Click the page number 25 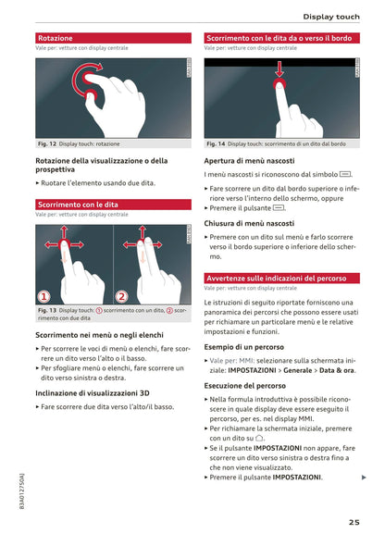pyautogui.click(x=354, y=522)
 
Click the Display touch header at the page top pyautogui.click(x=331, y=17)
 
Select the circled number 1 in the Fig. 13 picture pyautogui.click(x=43, y=297)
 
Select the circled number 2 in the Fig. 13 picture pyautogui.click(x=121, y=297)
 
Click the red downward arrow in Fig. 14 pyautogui.click(x=279, y=69)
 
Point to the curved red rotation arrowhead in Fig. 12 pyautogui.click(x=99, y=66)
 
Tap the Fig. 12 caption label pyautogui.click(x=47, y=143)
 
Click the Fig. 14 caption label pyautogui.click(x=216, y=143)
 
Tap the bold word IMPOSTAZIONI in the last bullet pyautogui.click(x=296, y=477)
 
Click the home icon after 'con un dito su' pyautogui.click(x=259, y=438)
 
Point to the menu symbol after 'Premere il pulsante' pyautogui.click(x=279, y=208)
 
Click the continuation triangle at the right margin pyautogui.click(x=364, y=477)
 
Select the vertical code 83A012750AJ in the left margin pyautogui.click(x=22, y=491)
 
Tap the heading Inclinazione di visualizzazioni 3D pyautogui.click(x=93, y=393)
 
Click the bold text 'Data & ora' pyautogui.click(x=337, y=370)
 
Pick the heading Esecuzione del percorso pyautogui.click(x=244, y=386)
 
